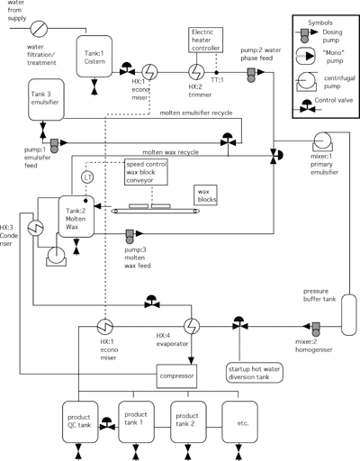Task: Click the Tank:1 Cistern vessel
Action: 94,57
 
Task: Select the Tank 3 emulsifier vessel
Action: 46,100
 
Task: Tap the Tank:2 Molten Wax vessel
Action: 76,216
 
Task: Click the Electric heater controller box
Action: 206,40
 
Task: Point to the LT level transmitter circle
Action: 87,177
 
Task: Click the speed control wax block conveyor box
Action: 146,172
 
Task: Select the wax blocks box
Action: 206,195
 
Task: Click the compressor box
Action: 176,376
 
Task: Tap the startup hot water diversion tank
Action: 255,373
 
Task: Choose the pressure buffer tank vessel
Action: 349,314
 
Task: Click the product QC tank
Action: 80,422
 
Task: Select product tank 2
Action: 188,422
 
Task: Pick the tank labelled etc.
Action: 239,422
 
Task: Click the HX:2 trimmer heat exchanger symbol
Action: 196,72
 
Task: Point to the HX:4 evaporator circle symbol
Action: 192,326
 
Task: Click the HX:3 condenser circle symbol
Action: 36,228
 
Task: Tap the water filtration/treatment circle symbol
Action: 39,29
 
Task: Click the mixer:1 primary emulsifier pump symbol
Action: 322,142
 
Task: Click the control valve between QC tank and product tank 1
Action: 107,424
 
